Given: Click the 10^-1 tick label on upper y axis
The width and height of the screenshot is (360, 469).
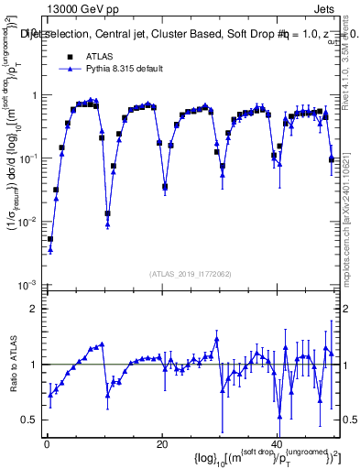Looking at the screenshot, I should pos(28,158).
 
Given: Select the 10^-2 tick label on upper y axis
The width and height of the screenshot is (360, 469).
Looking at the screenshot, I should pos(28,221).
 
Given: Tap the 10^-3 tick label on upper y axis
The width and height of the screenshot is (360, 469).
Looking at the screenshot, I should pos(28,284).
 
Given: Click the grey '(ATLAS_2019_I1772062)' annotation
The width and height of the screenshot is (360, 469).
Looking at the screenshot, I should pos(191,273).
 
